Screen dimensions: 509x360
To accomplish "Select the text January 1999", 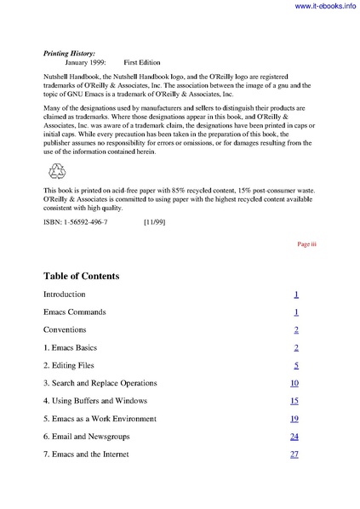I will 89,63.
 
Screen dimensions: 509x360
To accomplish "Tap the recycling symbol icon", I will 57,170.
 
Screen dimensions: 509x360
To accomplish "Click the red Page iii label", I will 306,243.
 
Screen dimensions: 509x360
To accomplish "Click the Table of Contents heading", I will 81,277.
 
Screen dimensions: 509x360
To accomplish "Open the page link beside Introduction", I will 295,295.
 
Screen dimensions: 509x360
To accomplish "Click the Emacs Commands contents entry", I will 75,312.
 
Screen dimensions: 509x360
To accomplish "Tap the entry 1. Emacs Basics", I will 74,348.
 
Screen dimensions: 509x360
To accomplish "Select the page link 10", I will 294,384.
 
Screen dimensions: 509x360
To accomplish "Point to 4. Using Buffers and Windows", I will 95,401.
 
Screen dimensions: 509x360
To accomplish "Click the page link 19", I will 294,419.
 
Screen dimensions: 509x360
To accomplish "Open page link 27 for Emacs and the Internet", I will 294,455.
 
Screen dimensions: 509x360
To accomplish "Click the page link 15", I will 294,401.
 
